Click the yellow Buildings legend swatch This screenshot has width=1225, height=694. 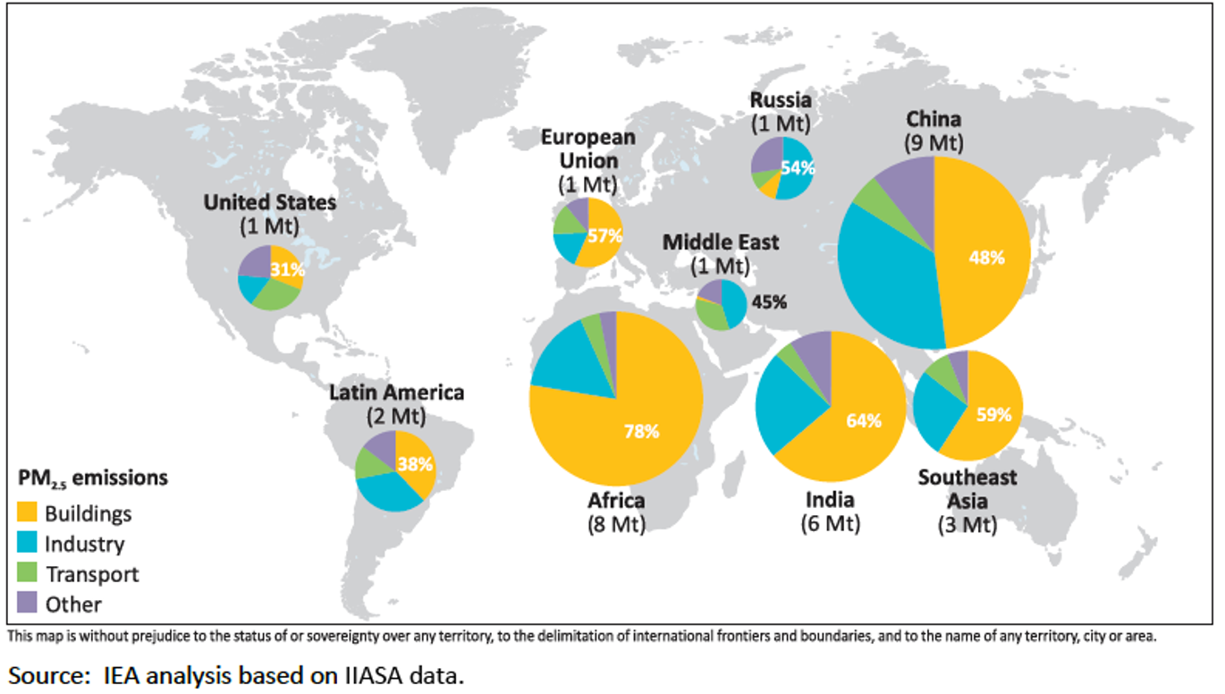pyautogui.click(x=29, y=512)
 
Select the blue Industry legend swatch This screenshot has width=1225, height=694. pyautogui.click(x=29, y=543)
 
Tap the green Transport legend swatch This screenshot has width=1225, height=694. pyautogui.click(x=29, y=573)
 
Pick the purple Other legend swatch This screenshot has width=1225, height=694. pyautogui.click(x=29, y=604)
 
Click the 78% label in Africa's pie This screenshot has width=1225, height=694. pyautogui.click(x=641, y=431)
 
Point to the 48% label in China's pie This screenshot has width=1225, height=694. pyautogui.click(x=987, y=258)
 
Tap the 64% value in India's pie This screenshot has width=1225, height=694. pyautogui.click(x=864, y=420)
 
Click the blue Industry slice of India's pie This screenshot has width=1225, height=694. pyautogui.click(x=783, y=402)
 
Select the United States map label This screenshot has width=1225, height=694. pyautogui.click(x=269, y=203)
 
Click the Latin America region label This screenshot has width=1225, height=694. pyautogui.click(x=396, y=392)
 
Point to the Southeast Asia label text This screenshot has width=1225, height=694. pyautogui.click(x=967, y=488)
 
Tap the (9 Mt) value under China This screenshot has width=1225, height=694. pyautogui.click(x=933, y=142)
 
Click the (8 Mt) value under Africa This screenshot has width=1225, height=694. pyautogui.click(x=615, y=522)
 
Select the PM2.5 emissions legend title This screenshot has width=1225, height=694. pyautogui.click(x=92, y=478)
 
